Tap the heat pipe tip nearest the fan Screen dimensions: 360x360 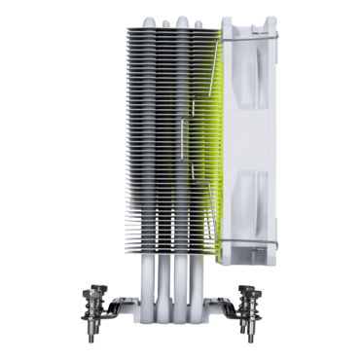point(198,22)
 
